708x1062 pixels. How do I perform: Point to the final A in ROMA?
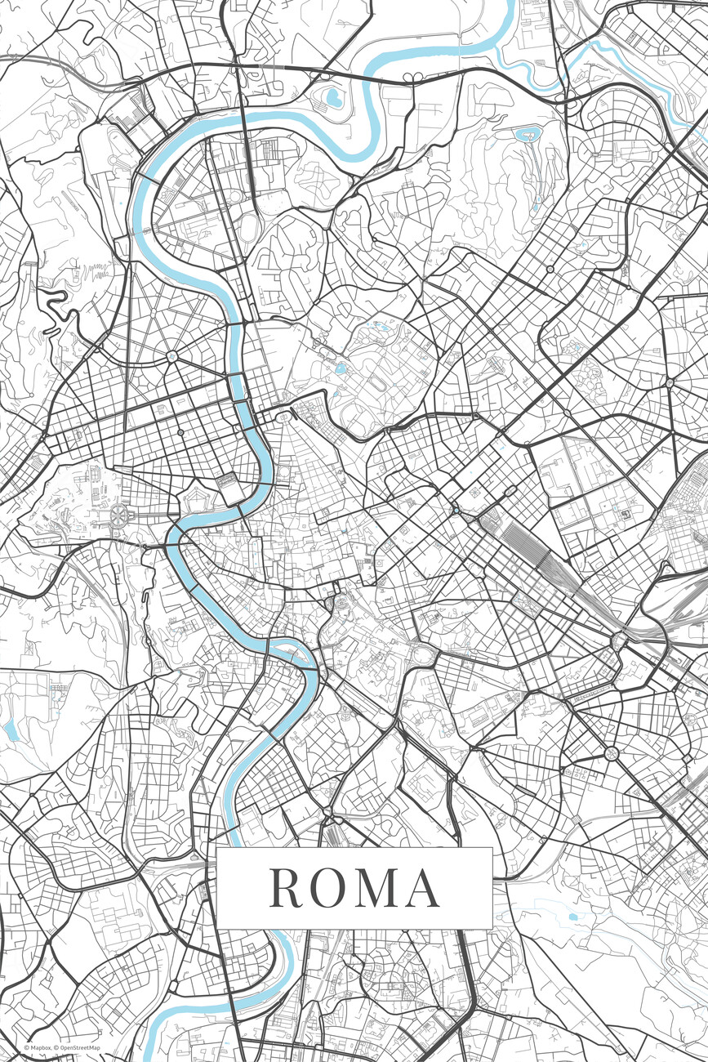tap(423, 888)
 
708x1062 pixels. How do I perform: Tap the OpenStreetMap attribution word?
tap(79, 1047)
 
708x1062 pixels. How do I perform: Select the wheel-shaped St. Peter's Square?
tap(120, 515)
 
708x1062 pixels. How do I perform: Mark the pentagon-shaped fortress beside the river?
tap(195, 495)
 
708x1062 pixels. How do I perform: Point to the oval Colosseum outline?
tap(424, 654)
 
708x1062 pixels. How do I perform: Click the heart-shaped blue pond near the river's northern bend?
tap(333, 98)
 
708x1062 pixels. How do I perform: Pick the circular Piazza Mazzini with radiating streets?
tap(172, 356)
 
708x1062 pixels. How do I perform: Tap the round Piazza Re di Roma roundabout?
tap(611, 752)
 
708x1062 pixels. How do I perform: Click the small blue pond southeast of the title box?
tap(572, 917)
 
